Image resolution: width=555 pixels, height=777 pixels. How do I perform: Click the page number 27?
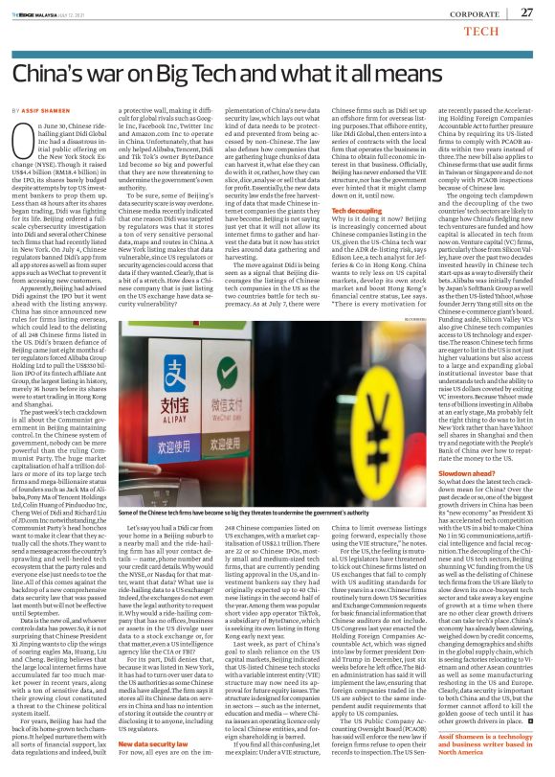(x=525, y=11)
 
